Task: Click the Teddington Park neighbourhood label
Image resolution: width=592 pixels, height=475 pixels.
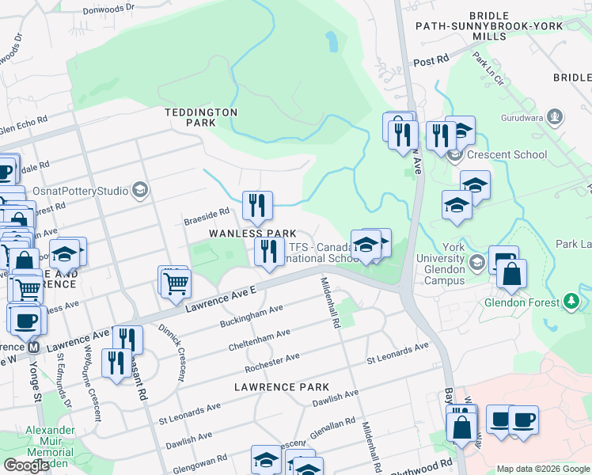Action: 200,117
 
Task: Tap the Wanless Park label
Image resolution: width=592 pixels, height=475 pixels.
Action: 252,234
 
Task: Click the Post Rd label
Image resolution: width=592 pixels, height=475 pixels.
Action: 431,61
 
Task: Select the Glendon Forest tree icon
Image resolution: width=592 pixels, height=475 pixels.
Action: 570,301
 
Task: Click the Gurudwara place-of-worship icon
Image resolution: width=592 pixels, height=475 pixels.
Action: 555,118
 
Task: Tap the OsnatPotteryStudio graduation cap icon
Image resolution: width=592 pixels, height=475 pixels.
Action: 139,189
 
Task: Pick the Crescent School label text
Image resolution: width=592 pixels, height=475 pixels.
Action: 507,154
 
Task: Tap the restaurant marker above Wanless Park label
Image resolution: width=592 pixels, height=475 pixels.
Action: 256,206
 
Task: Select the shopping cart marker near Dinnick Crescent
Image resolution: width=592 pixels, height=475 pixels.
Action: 176,283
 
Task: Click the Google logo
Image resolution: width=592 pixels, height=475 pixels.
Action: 26,465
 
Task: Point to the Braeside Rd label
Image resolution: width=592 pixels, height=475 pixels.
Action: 207,212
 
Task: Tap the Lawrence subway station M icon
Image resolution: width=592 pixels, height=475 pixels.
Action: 33,347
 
